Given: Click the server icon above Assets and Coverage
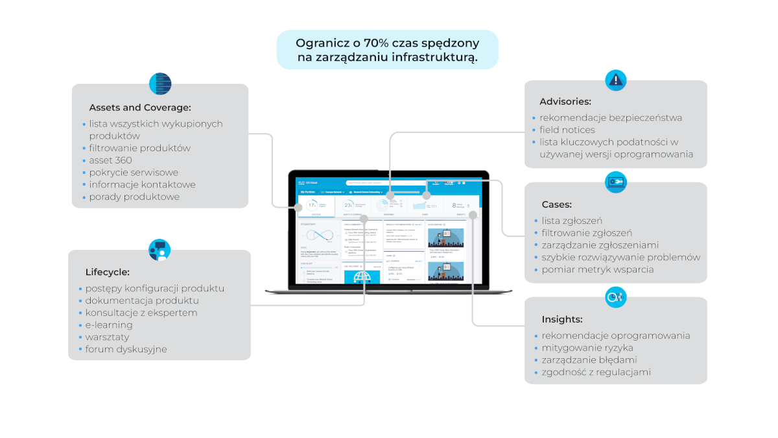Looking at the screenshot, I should point(160,84).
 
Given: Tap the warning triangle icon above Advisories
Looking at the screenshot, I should point(615,80).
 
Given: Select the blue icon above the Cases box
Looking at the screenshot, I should point(615,182).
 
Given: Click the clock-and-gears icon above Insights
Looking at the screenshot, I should point(615,297).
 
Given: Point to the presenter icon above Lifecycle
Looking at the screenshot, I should point(159,250).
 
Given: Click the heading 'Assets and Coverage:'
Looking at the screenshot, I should point(140,107).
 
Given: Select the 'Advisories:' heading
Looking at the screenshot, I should point(565,101).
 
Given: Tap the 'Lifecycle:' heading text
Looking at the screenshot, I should point(108,272).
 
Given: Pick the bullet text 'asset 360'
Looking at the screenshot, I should point(110,160).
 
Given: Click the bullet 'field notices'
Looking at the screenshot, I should point(567,130).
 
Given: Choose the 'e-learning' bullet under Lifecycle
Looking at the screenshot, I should point(109,325).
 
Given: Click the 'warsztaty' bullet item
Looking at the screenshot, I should point(107,337).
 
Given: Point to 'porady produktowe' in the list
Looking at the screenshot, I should point(134,197).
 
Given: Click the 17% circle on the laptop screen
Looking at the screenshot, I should point(312,205).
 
